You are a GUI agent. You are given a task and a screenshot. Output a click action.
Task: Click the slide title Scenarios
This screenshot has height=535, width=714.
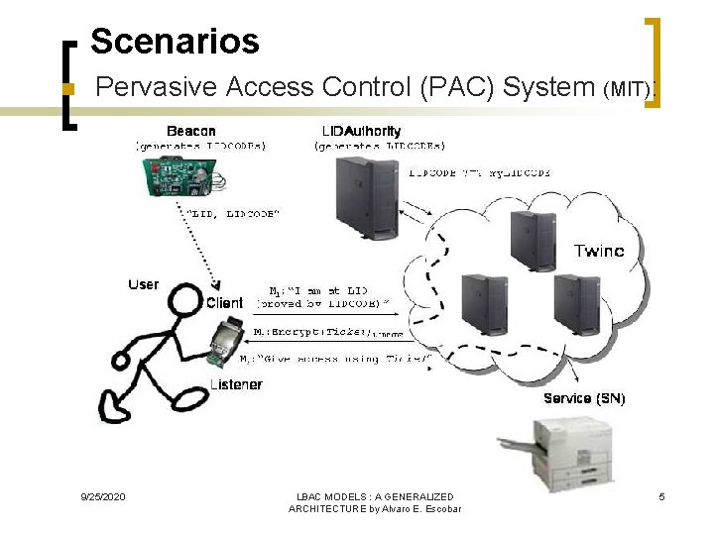click(175, 42)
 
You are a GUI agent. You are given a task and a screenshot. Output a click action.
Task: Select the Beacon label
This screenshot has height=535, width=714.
click(191, 131)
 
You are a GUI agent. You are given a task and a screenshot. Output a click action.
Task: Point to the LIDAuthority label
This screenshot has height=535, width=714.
click(362, 131)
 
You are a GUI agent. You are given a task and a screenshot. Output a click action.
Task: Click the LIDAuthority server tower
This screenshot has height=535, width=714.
click(367, 197)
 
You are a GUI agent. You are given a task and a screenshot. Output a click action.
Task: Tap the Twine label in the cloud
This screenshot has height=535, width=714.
click(599, 252)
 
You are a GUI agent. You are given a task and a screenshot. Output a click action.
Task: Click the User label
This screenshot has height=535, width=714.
click(143, 284)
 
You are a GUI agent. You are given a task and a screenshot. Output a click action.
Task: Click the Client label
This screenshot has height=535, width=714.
click(225, 302)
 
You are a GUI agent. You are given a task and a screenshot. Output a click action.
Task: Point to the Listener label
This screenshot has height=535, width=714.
click(236, 384)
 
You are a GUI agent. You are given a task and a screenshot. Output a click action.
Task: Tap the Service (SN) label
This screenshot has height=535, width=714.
click(584, 398)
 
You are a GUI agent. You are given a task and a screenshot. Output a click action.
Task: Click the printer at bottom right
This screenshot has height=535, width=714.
click(556, 450)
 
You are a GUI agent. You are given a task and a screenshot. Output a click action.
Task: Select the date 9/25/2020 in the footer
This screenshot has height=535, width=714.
click(103, 496)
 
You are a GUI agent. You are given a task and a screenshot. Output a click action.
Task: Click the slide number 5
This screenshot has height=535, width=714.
click(661, 496)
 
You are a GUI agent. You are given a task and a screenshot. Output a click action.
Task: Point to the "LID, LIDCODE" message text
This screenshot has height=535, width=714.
click(234, 214)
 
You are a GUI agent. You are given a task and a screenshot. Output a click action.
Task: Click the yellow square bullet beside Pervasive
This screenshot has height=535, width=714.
click(67, 89)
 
